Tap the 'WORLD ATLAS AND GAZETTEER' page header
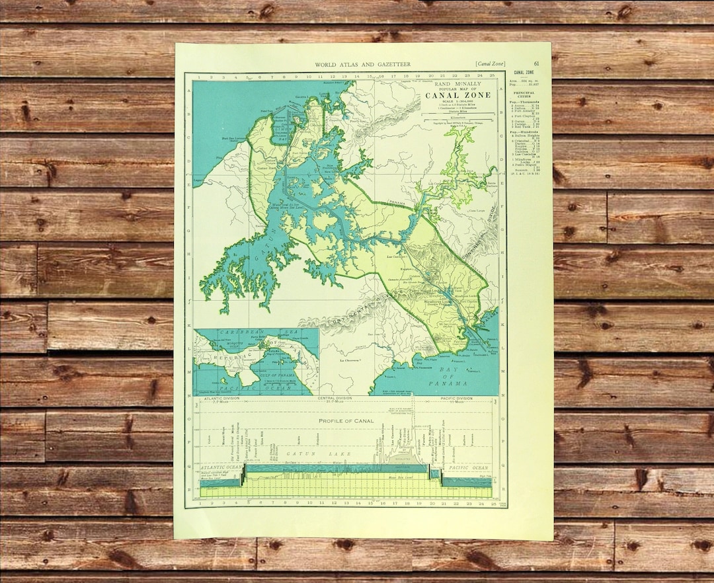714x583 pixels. point(362,64)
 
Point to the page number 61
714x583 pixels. point(535,63)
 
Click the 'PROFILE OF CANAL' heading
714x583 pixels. point(346,421)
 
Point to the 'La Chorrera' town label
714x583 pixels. point(352,361)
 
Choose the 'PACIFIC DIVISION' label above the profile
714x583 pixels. point(456,399)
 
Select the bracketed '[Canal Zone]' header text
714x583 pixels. point(489,64)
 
